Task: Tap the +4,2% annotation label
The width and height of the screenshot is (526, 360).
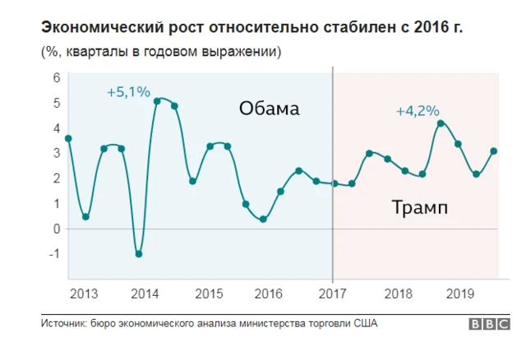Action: [x=418, y=110]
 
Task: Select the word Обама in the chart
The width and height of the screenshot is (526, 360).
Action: [x=270, y=108]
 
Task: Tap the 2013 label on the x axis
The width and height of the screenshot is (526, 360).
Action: [x=82, y=293]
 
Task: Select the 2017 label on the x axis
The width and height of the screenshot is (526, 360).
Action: [x=333, y=293]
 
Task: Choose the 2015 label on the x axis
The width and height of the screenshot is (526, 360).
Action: [x=209, y=293]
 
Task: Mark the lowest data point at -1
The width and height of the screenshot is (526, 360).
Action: [x=139, y=254]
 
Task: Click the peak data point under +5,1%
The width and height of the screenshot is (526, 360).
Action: [x=157, y=101]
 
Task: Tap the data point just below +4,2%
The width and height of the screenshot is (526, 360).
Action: [x=441, y=123]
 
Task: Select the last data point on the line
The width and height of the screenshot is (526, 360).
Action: [x=493, y=151]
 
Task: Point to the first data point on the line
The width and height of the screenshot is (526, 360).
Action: [x=68, y=139]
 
